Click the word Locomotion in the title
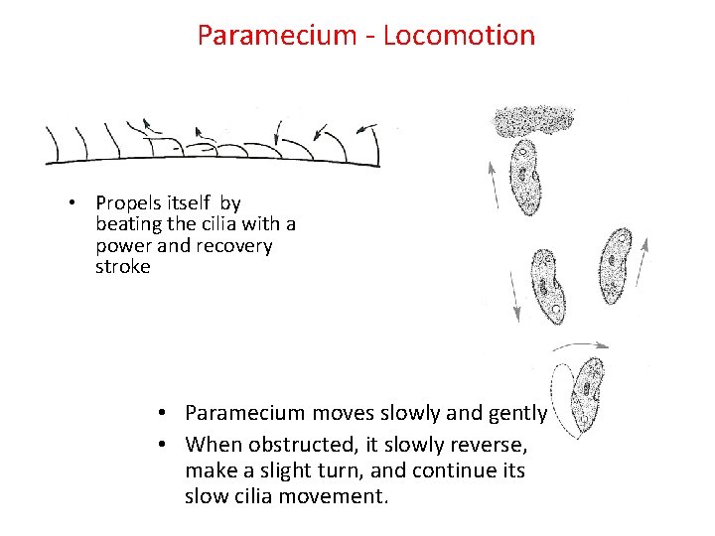coord(459,36)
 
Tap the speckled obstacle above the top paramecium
coord(534,121)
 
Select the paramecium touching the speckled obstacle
coord(524,176)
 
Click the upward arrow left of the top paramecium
coord(494,185)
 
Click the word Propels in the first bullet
coord(126,203)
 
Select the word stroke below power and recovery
coord(123,267)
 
